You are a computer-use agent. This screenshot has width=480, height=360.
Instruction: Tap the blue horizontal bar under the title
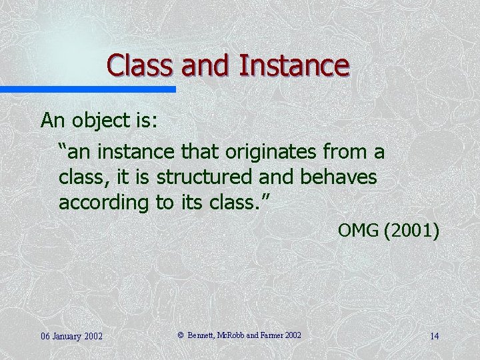[x=87, y=89]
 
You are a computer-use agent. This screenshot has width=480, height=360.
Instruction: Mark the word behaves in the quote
[x=340, y=178]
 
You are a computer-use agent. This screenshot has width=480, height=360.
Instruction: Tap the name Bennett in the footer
[x=202, y=335]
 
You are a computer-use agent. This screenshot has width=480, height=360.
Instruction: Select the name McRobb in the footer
[x=234, y=335]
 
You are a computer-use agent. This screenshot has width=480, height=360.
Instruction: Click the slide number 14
[x=434, y=335]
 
